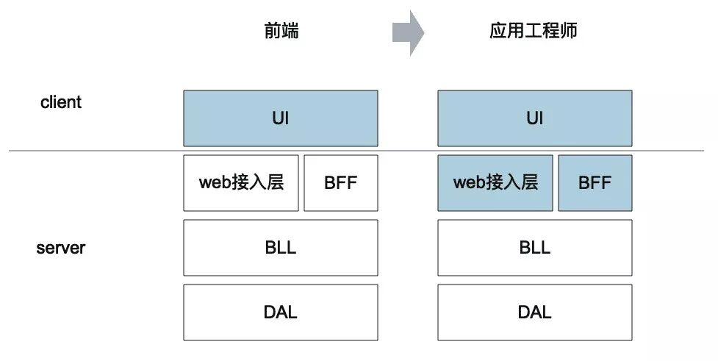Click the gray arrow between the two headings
point(409,33)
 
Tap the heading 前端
point(281,32)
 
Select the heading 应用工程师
point(535,32)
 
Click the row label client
point(61,102)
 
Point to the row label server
point(61,248)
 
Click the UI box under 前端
point(281,118)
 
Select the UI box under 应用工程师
point(534,118)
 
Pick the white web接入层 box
point(241,183)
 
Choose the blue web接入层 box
point(495,183)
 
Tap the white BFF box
point(341,183)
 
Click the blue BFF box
point(595,183)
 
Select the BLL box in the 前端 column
point(281,248)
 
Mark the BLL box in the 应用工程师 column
point(534,248)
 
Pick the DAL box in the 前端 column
point(281,312)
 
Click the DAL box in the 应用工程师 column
point(534,312)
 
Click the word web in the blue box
point(470,183)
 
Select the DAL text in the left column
point(281,312)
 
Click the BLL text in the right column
point(534,248)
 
